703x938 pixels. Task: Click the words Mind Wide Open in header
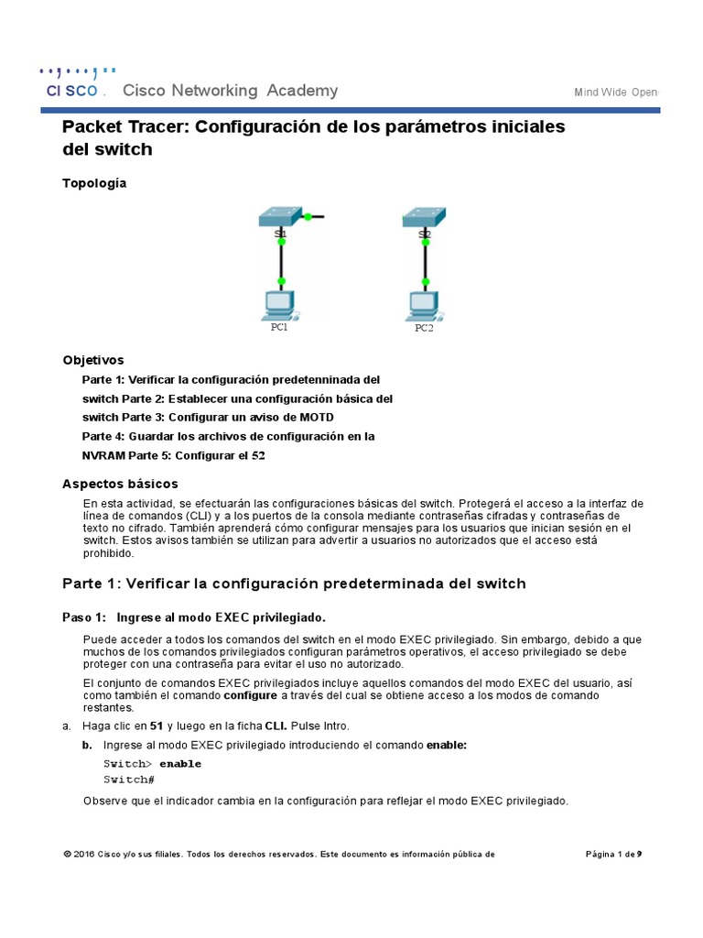tap(616, 93)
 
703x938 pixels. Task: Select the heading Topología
tap(94, 183)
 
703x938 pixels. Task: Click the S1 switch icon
tap(281, 217)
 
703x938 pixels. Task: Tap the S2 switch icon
tap(424, 217)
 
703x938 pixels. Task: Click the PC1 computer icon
tap(279, 303)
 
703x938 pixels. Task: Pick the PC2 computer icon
tap(423, 303)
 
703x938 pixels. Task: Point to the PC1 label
tap(279, 327)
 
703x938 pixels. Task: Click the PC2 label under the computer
tap(423, 328)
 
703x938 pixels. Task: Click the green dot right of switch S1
tap(308, 217)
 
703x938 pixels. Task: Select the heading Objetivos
tap(92, 360)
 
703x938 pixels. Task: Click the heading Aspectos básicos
tap(120, 484)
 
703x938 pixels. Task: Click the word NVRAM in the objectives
tap(103, 455)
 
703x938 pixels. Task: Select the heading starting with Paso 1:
tap(193, 616)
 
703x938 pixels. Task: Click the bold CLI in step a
tap(276, 726)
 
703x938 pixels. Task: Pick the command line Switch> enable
tap(152, 764)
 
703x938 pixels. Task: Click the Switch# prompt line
tap(129, 780)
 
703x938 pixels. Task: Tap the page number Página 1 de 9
tap(613, 855)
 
